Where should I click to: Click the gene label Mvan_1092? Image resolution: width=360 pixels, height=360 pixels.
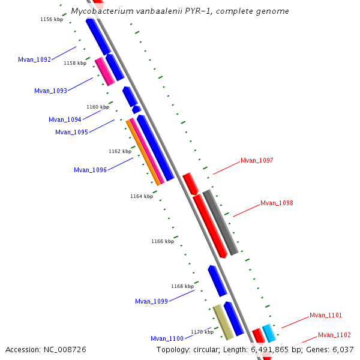coord(34,59)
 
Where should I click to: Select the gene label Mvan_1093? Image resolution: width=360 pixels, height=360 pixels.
coord(50,91)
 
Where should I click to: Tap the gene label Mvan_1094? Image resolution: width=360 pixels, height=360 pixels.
coord(65,119)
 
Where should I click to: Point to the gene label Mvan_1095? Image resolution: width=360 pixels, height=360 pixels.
coord(71,132)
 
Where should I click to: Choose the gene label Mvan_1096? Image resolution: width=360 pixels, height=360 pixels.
coord(90,170)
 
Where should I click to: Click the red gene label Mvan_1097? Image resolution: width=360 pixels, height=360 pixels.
coord(257,160)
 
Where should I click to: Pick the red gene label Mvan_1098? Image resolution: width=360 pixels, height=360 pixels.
coord(277,203)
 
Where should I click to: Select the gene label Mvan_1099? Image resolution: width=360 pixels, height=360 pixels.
coord(151,301)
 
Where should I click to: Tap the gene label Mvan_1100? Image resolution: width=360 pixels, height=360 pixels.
coord(167,338)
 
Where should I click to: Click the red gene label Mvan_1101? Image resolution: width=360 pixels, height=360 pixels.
coord(326,315)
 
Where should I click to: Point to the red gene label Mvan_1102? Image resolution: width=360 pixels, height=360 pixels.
coord(334,335)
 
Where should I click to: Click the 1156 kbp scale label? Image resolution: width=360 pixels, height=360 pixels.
coord(52,19)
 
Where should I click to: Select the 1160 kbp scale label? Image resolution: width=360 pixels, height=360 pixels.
coord(98,107)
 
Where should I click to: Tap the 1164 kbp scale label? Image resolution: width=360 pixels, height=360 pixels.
coord(142,196)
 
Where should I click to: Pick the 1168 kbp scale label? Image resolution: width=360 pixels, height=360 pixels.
coord(183,286)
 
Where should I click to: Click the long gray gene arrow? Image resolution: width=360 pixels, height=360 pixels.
coord(221,223)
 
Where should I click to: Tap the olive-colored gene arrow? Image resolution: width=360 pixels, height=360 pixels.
coord(223,322)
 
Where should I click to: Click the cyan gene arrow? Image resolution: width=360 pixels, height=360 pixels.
coord(269,332)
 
